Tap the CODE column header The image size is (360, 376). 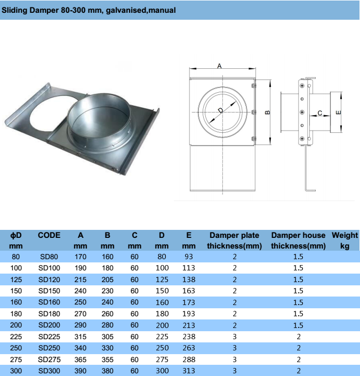pos(49,235)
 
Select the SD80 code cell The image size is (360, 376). pos(49,257)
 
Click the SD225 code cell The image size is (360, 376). pos(49,337)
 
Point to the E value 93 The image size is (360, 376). pos(188,257)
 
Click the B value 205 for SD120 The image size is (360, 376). pos(107,279)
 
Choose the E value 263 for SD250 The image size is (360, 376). pos(188,348)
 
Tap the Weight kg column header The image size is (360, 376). pos(345,240)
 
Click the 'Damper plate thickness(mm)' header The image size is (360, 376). pos(234,240)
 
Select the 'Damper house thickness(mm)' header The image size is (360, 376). pos(298,240)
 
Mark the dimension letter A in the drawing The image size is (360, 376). pos(220,65)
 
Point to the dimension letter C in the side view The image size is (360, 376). pos(320,113)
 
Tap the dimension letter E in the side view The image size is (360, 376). pos(338,113)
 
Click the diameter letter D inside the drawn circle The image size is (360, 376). pos(221,111)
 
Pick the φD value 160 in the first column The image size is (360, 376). pos(16,302)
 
